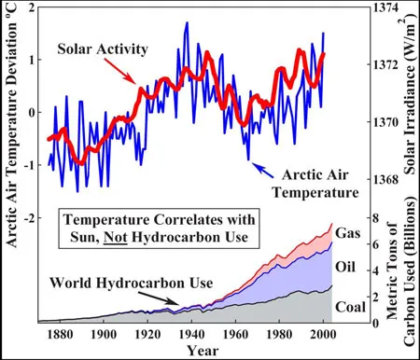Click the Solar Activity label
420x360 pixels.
[x=103, y=49]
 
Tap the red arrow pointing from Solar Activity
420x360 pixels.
[x=119, y=71]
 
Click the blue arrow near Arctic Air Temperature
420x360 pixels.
[x=262, y=170]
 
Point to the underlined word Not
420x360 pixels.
[x=116, y=237]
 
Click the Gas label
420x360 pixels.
[x=348, y=233]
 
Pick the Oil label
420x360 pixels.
[x=345, y=267]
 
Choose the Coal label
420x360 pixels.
[x=350, y=307]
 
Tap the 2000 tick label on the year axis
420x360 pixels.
[x=324, y=334]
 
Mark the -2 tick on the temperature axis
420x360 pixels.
[x=29, y=217]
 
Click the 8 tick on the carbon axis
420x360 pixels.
[x=376, y=217]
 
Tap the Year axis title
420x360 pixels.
[x=203, y=351]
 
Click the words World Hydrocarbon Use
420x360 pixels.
[x=132, y=284]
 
